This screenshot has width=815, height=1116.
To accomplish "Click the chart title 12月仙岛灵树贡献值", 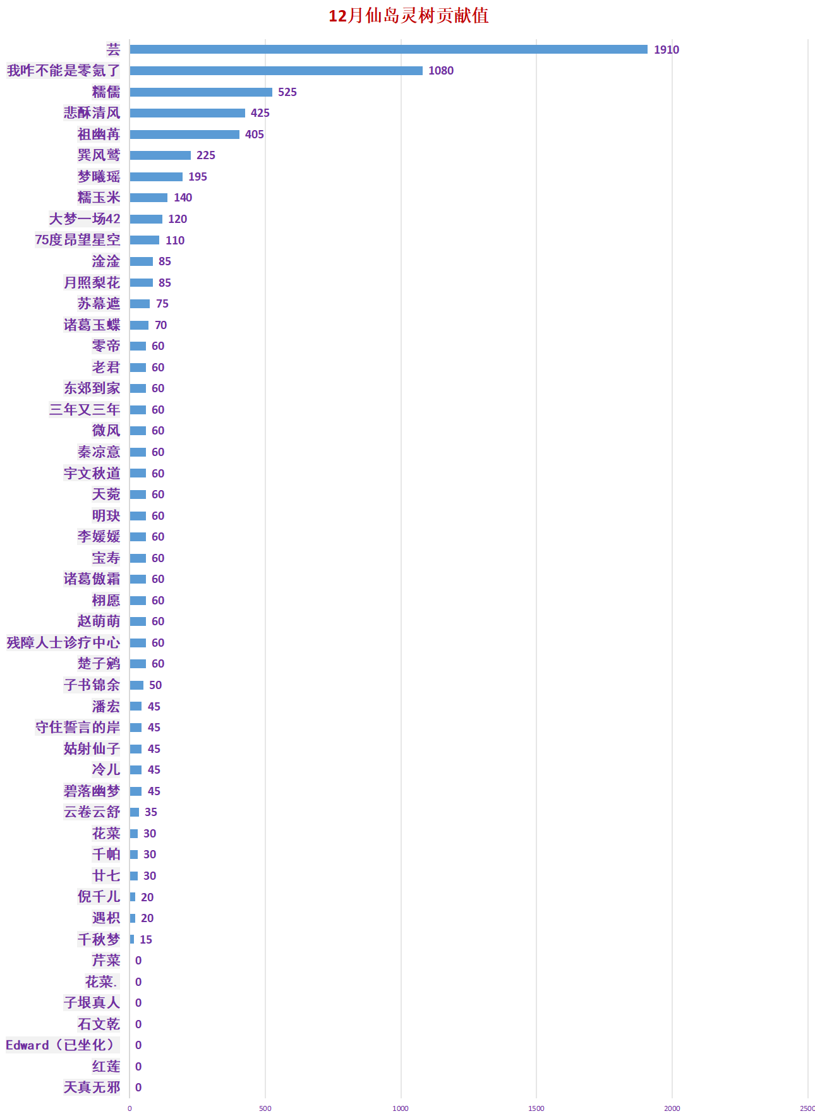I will tap(408, 16).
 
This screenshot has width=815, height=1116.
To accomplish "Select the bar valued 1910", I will tap(388, 49).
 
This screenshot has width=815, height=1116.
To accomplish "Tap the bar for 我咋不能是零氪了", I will tap(275, 71).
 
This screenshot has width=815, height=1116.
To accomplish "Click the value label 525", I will tap(287, 92).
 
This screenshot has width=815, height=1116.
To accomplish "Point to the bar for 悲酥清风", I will tap(187, 113).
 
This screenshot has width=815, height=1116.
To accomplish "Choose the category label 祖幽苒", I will tap(99, 134).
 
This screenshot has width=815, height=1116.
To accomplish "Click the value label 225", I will tap(205, 155).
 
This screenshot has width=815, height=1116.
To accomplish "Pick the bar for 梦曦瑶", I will tap(156, 177).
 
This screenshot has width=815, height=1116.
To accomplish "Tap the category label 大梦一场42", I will tap(85, 219).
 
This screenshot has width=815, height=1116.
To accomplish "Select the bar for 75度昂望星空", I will tap(144, 240).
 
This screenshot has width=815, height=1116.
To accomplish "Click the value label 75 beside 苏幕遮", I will tap(162, 304).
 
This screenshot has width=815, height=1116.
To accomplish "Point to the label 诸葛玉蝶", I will tap(92, 325).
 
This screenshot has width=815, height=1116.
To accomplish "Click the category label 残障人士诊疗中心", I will tap(63, 642).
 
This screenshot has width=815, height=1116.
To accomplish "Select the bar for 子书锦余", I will tap(136, 685).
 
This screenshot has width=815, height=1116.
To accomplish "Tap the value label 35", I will tap(150, 812).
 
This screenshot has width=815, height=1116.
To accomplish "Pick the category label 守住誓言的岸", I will tap(78, 727).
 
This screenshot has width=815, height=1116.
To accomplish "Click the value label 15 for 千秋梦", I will tap(145, 940).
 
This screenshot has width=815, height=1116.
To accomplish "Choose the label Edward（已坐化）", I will tap(61, 1045).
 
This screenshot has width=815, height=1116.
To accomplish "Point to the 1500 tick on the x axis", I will tap(536, 1108).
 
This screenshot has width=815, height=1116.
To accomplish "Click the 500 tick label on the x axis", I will tap(265, 1108).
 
